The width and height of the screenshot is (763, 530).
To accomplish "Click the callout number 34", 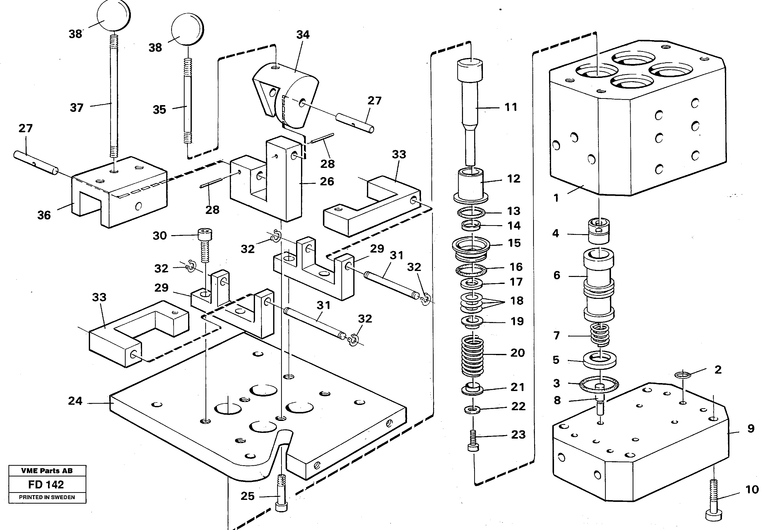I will (x=303, y=35).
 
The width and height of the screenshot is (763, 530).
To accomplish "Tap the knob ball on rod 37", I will (x=113, y=15).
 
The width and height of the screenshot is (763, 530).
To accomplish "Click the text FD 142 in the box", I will (x=46, y=484).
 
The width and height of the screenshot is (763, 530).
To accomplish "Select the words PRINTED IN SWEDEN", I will (x=47, y=497).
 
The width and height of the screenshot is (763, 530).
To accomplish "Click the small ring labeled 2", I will (x=683, y=375).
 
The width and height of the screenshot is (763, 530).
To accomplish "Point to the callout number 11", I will (x=510, y=107).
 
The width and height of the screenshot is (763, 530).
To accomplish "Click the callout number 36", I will (x=44, y=215).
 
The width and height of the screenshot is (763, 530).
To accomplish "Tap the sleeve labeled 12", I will (x=470, y=185).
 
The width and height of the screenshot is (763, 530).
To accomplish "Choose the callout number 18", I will (x=516, y=301).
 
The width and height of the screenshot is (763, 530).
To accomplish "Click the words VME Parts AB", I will (x=47, y=470).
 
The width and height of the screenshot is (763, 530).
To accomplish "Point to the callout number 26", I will (x=326, y=181).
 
